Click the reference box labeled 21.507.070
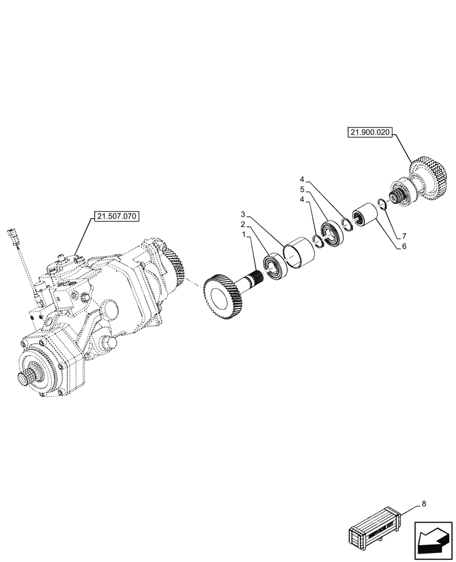point(117,216)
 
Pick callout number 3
point(243,214)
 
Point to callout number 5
point(302,191)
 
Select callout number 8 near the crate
point(424,504)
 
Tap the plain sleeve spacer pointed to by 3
point(299,251)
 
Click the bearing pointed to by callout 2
point(277,266)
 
